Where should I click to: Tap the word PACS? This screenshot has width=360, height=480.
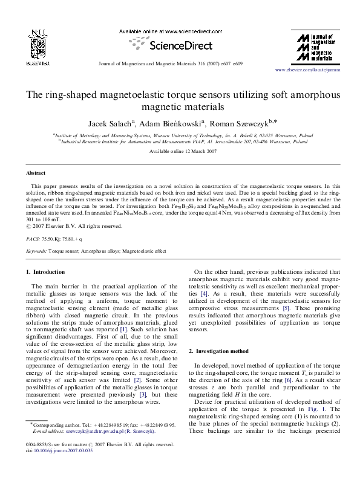35,239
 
